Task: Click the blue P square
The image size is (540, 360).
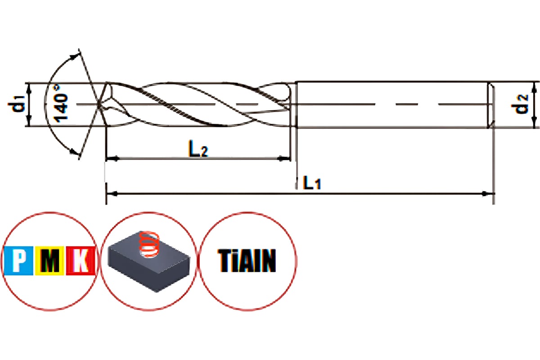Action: coord(18,261)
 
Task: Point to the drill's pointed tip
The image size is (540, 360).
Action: coord(98,106)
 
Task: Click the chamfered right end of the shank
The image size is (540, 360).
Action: coord(492,105)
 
